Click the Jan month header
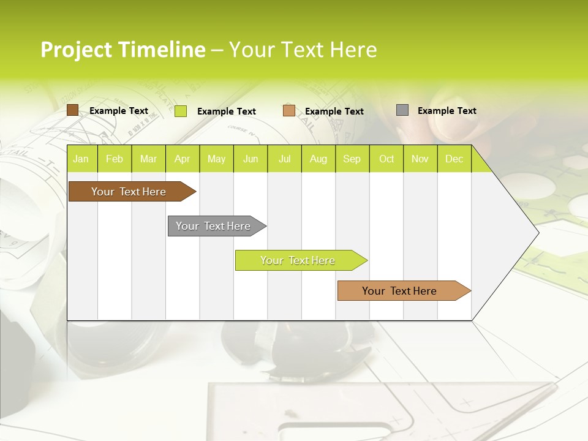[81, 159]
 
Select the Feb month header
[115, 159]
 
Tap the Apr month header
[182, 159]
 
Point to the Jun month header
[251, 159]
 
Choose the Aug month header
[318, 159]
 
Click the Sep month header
[352, 159]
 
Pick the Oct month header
[386, 159]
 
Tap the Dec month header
[454, 159]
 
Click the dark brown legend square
[73, 110]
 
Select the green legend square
[181, 111]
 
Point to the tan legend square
[289, 111]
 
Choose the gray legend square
[402, 110]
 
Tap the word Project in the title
[75, 50]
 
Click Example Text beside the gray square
[447, 110]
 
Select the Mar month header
[148, 159]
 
